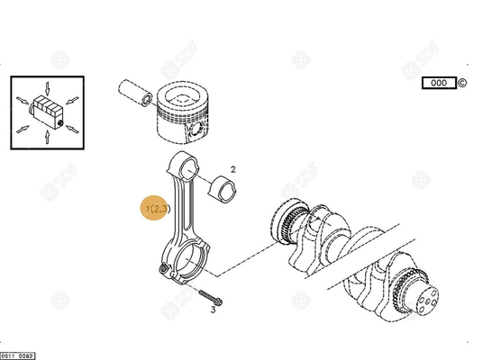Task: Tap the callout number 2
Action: [x=232, y=168]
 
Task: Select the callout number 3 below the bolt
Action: [x=213, y=310]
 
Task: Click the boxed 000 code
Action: [x=438, y=83]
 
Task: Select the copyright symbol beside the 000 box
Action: [x=462, y=83]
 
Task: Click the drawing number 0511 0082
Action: [x=18, y=355]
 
